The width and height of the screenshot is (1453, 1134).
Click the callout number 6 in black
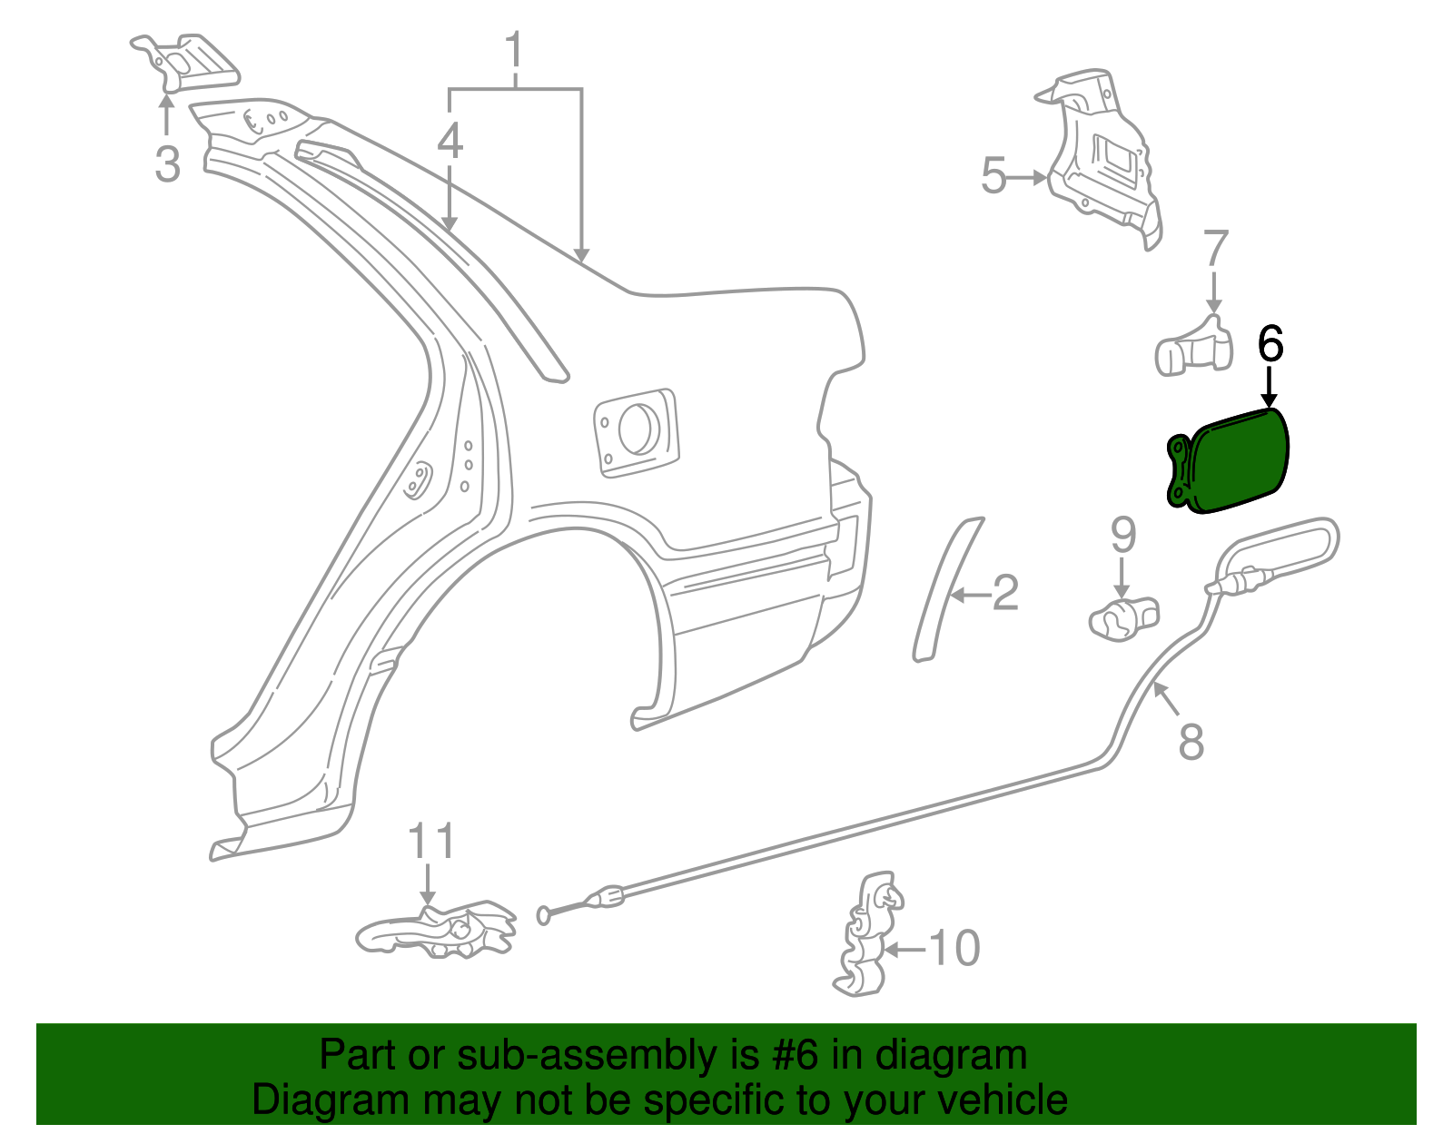click(x=1270, y=345)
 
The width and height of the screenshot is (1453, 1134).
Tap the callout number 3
click(x=167, y=164)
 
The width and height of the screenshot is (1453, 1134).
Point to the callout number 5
click(x=993, y=175)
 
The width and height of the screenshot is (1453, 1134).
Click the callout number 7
click(x=1215, y=249)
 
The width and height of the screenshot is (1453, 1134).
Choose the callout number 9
click(x=1122, y=535)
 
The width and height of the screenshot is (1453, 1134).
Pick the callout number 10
click(x=954, y=948)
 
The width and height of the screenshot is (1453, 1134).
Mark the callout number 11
click(x=430, y=842)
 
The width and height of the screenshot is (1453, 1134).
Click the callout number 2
click(x=1004, y=593)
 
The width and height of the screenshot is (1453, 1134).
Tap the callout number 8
click(x=1191, y=740)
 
